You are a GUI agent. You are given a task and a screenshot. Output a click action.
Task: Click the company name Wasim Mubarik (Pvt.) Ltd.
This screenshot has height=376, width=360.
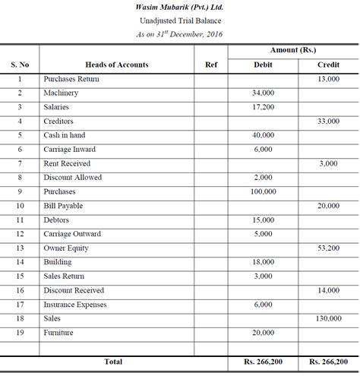click(180, 7)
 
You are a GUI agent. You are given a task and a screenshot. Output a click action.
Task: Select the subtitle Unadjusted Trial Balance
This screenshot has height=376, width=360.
click(180, 21)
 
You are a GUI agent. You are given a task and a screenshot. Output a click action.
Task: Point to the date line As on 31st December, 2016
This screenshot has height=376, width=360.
click(180, 34)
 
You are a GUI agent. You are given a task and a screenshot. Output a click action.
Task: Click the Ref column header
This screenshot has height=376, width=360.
click(211, 65)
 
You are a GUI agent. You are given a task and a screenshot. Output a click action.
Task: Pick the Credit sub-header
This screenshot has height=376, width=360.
click(328, 65)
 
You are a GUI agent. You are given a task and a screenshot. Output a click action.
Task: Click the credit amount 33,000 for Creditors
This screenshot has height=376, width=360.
click(328, 122)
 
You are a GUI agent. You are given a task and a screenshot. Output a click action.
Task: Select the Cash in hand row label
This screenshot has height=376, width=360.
click(65, 135)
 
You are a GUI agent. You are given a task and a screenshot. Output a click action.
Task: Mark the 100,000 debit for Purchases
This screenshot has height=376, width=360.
click(264, 191)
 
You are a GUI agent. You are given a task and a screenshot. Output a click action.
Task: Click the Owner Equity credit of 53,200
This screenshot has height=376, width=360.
click(328, 248)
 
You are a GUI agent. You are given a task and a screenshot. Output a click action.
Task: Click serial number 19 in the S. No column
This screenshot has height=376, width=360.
click(20, 333)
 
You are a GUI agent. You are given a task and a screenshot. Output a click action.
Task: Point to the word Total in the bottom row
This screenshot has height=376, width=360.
click(114, 362)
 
